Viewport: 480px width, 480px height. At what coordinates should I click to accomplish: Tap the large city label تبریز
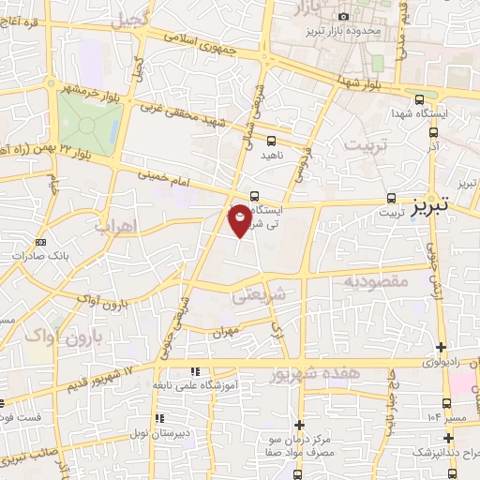tap(445, 200)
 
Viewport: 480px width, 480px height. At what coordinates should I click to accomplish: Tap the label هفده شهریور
tap(325, 374)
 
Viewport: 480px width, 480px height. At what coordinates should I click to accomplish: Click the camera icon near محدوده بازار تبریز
tap(343, 17)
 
